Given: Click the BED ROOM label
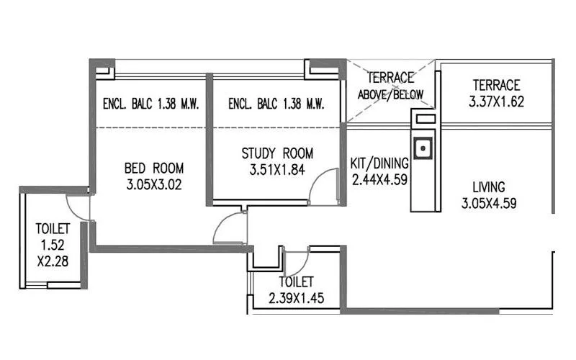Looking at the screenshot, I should tap(154, 168).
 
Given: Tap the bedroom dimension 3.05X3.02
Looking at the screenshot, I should tap(154, 184).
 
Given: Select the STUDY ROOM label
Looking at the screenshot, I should tap(277, 153).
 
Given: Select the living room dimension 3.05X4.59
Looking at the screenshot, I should tap(489, 203).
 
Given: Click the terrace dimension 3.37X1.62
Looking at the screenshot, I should tap(495, 102).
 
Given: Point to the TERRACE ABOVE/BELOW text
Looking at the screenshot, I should tap(390, 86).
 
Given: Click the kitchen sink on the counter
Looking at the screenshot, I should tap(425, 149).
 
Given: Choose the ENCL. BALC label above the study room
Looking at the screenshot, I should tap(276, 104).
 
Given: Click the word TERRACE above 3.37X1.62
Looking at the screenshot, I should tap(495, 85).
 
